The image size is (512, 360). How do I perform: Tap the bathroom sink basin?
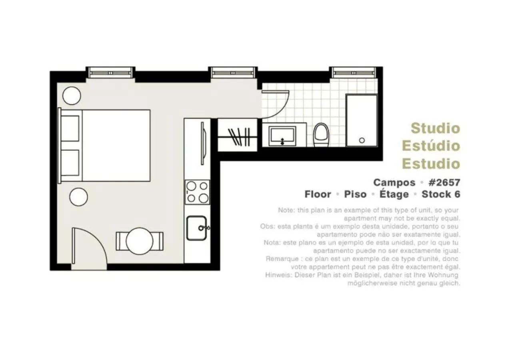[282, 136]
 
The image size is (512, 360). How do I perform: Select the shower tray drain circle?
[362, 140]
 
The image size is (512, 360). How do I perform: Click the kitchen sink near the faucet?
[196, 228]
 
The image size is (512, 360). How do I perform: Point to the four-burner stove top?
[197, 192]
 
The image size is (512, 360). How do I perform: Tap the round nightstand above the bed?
[72, 96]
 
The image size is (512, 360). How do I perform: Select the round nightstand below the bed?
[79, 197]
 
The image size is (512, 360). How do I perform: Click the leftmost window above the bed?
[110, 72]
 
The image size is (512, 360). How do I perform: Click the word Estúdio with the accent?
[431, 146]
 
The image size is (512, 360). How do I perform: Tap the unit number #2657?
[444, 182]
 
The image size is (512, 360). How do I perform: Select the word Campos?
[394, 182]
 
